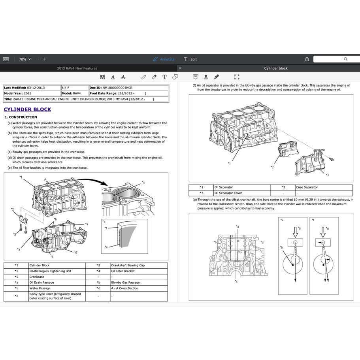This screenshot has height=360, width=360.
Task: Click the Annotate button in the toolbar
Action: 164,59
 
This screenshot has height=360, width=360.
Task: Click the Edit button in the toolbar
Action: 190,59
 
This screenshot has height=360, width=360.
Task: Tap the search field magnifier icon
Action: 345,59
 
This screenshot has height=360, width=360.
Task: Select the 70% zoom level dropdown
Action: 25,59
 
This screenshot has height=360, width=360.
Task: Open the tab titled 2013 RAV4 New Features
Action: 77,68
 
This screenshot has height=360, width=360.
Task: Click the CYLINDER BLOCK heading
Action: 27,109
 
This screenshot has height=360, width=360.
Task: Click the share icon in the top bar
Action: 307,59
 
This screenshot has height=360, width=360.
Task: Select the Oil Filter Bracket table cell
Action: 123,271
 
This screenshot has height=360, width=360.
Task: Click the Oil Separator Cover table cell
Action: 228,193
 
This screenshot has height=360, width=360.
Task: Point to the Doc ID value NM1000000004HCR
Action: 117,88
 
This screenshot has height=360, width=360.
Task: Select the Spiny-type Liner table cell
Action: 55,296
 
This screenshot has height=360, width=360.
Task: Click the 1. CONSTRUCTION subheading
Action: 21,117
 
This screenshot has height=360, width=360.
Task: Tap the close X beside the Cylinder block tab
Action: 180,68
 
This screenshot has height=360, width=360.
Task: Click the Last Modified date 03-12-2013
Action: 36,88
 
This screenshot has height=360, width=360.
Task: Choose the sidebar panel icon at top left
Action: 6,59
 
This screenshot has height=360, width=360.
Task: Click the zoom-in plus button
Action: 44,59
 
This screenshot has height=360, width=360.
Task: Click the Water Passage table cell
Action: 40,288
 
